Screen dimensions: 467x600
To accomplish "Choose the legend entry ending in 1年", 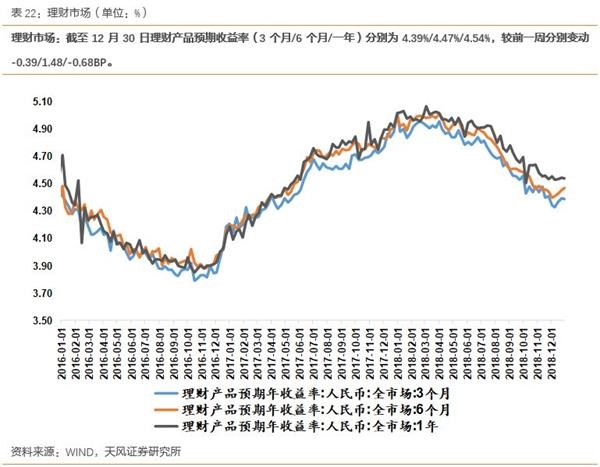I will click(310, 426).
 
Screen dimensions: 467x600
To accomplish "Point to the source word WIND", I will click(77, 452).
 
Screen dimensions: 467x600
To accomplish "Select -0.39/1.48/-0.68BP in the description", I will click(59, 62).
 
